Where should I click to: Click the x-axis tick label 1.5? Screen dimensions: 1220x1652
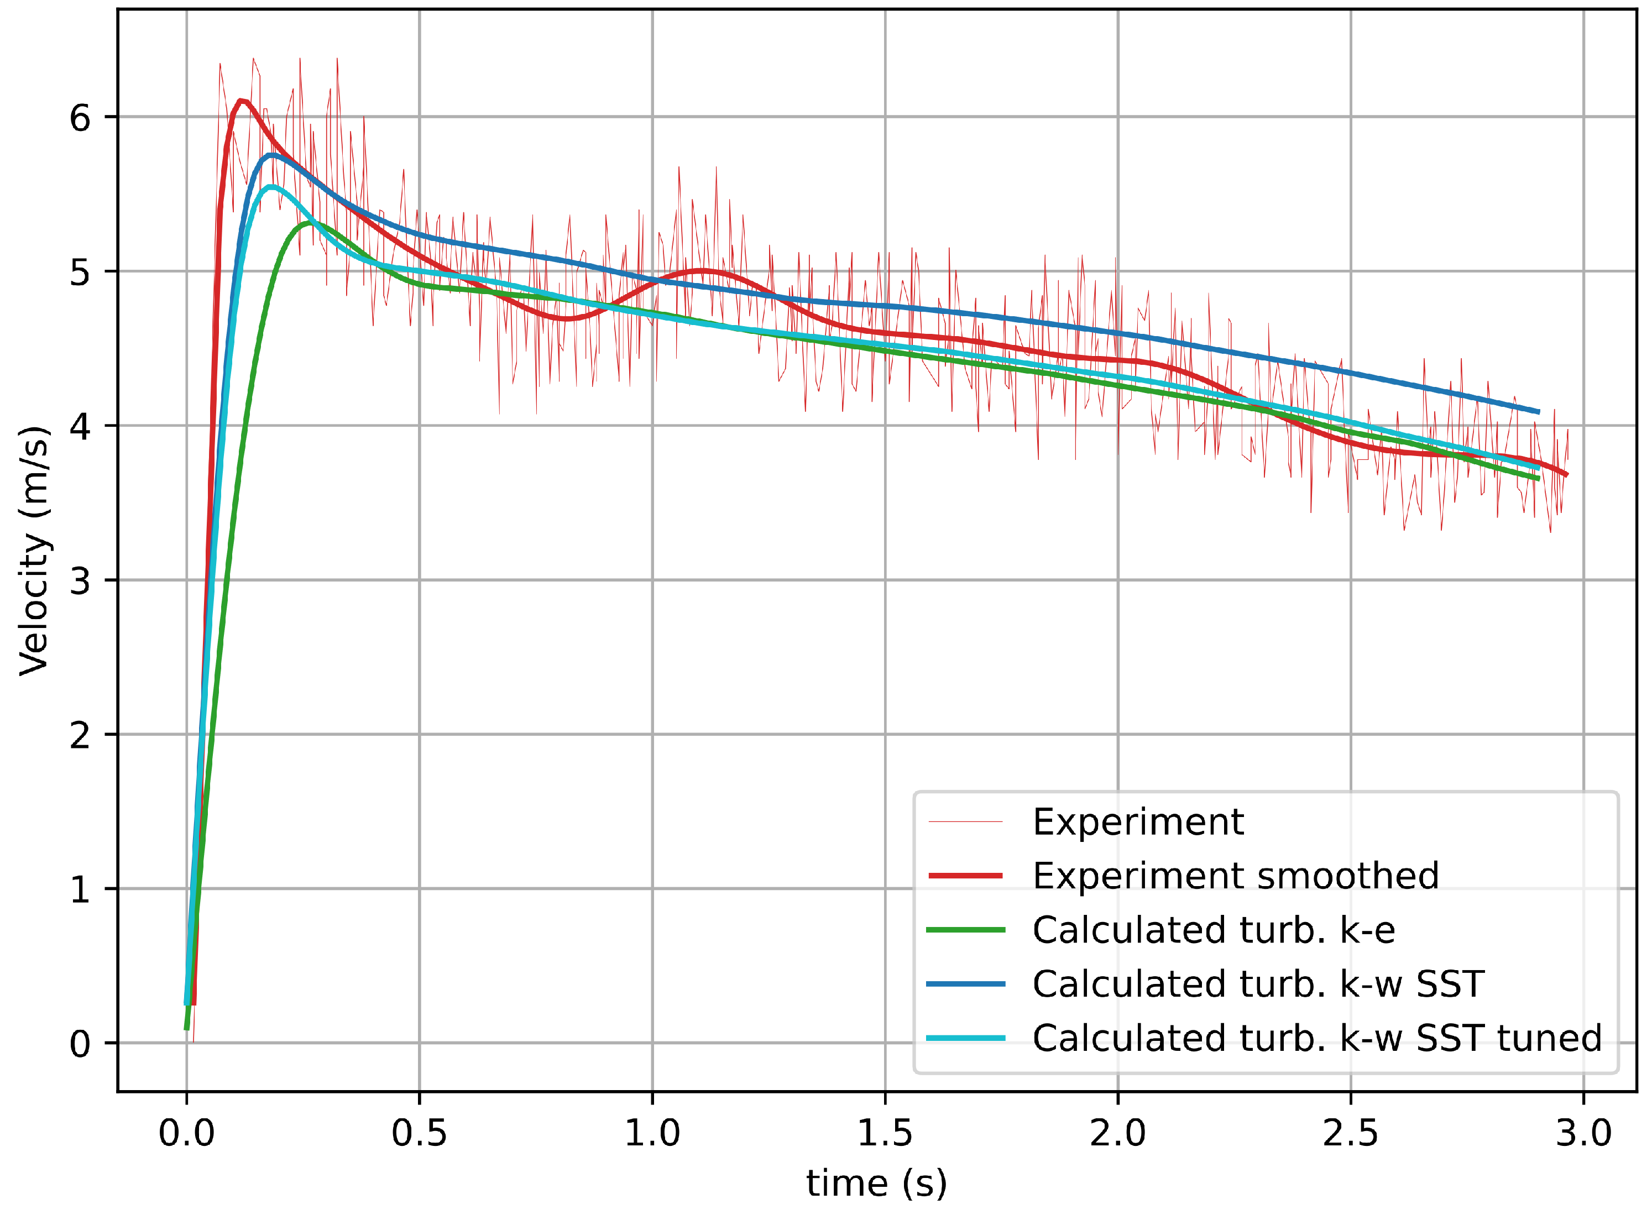[885, 1133]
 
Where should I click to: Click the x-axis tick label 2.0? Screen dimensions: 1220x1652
[1117, 1133]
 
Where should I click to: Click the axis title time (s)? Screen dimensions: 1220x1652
[876, 1183]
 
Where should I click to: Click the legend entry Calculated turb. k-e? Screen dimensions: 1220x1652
[1214, 930]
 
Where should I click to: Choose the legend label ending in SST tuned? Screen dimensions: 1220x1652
[1317, 1038]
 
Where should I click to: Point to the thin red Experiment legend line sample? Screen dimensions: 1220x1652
[965, 822]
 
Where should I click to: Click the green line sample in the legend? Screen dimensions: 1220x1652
[965, 930]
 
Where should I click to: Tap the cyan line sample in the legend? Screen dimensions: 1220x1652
[965, 1038]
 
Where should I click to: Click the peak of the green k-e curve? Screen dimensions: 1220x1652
[309, 222]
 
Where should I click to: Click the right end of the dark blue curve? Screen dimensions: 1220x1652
[1538, 412]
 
